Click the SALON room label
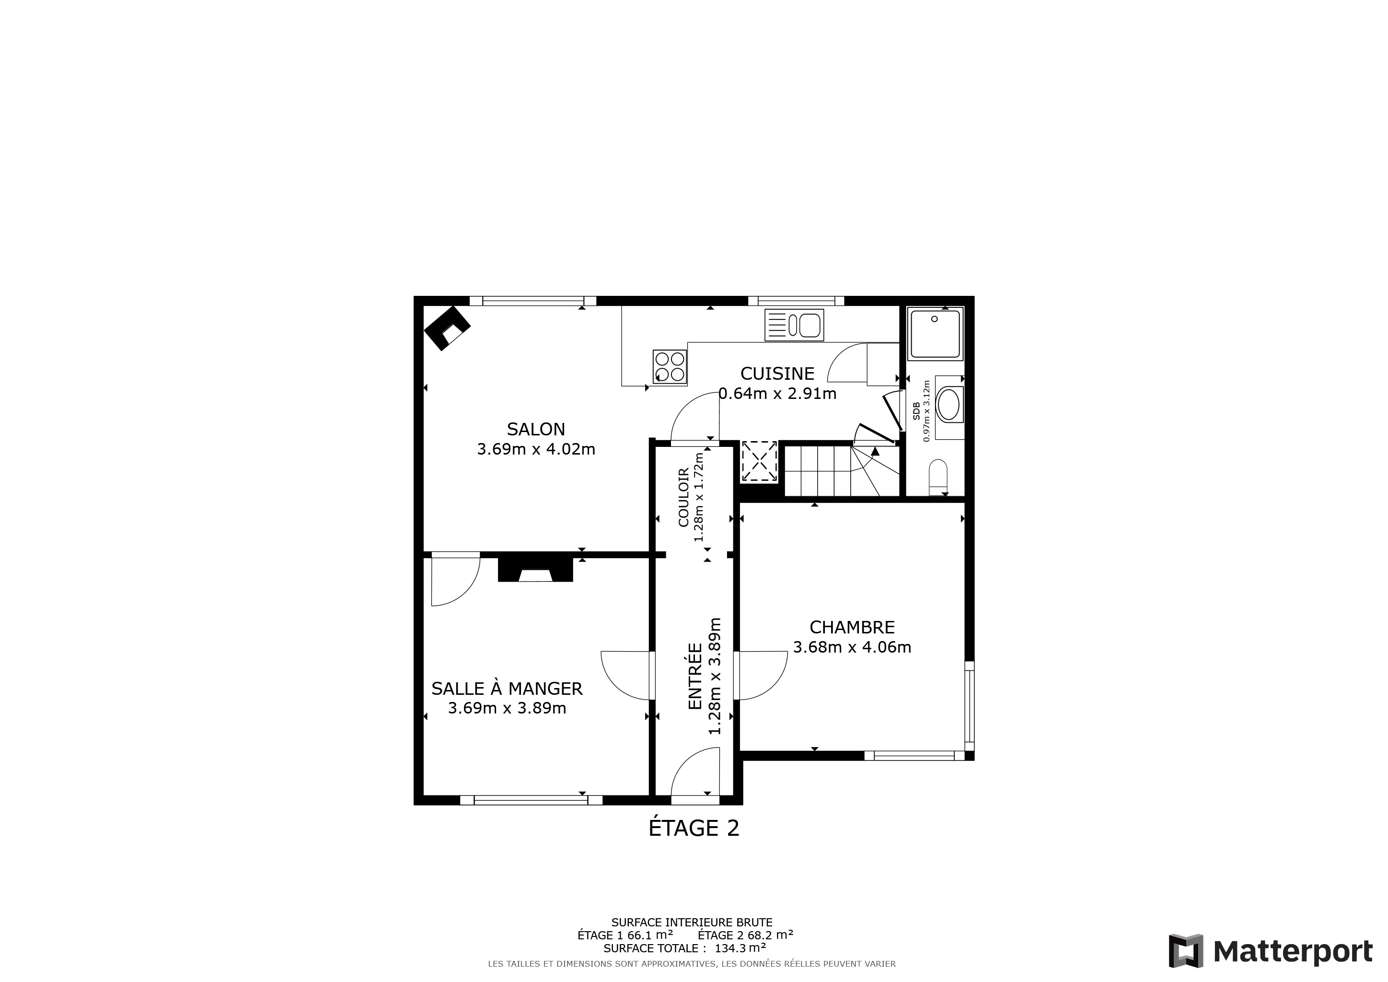pyautogui.click(x=536, y=429)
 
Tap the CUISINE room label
pyautogui.click(x=777, y=374)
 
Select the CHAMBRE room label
pyautogui.click(x=852, y=627)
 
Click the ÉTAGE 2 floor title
pyautogui.click(x=694, y=828)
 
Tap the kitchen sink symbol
pyautogui.click(x=794, y=325)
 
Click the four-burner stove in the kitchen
pyautogui.click(x=670, y=367)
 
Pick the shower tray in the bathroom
pyautogui.click(x=935, y=334)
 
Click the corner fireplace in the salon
pyautogui.click(x=447, y=328)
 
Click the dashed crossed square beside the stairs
pyautogui.click(x=759, y=461)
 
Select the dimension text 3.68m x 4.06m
pyautogui.click(x=852, y=647)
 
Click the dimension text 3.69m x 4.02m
pyautogui.click(x=536, y=449)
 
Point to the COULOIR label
pyautogui.click(x=684, y=498)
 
